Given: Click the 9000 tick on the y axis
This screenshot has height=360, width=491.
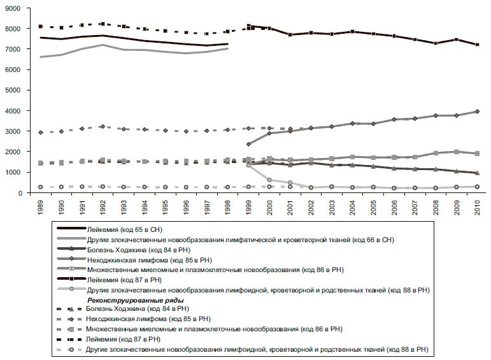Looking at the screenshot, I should [12, 8].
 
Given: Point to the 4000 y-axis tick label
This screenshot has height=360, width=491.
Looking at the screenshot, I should [12, 111].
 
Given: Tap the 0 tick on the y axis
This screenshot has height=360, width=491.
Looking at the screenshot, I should [19, 193].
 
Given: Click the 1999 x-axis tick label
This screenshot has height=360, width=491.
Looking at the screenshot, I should [248, 207].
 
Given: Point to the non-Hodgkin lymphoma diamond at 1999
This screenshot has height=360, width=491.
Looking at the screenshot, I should [248, 144].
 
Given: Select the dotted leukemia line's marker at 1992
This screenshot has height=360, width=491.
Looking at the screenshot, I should [103, 24].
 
